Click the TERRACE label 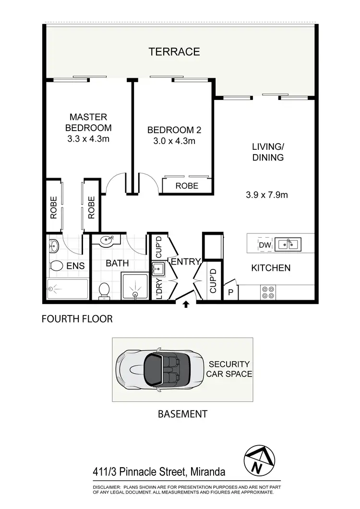(x=174, y=52)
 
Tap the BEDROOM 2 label (x=174, y=130)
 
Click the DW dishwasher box (x=264, y=245)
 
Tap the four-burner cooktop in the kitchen (x=268, y=292)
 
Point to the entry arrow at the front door (x=186, y=303)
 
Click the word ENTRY (x=185, y=262)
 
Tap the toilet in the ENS (x=56, y=267)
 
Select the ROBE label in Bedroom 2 (x=187, y=186)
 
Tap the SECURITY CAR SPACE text (x=229, y=369)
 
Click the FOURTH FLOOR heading (x=77, y=319)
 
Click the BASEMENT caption (x=182, y=413)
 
